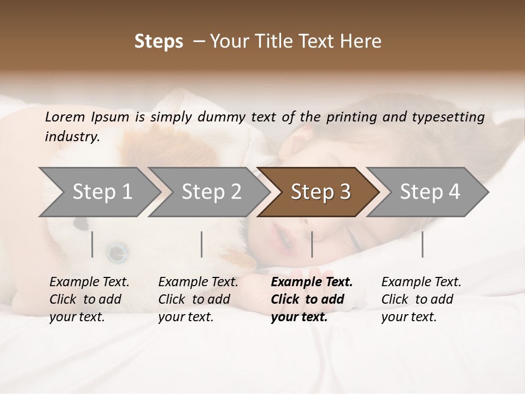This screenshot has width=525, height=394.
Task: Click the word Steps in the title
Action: click(159, 42)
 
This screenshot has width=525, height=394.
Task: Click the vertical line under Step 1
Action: click(92, 244)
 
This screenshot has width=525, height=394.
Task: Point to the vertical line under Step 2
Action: click(202, 244)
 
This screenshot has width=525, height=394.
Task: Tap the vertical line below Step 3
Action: click(312, 244)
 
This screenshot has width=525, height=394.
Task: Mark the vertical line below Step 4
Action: click(422, 244)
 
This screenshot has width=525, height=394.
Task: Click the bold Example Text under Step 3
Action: click(312, 299)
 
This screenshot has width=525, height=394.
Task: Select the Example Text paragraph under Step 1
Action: click(89, 299)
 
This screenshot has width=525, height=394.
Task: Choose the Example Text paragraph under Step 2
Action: click(198, 299)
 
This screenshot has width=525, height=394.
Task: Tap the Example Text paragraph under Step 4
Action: click(421, 299)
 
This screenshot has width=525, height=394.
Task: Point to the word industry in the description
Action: click(72, 137)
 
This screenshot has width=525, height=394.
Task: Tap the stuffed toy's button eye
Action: click(116, 252)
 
